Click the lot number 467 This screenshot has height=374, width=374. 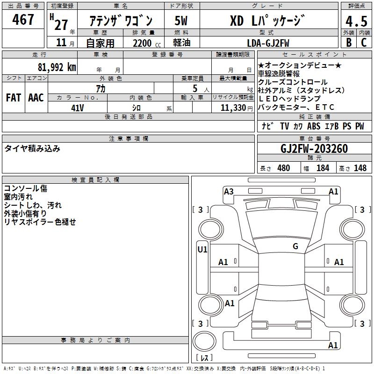pyautogui.click(x=23, y=20)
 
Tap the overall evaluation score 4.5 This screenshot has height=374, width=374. pyautogui.click(x=356, y=22)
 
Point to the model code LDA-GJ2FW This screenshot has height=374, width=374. pyautogui.click(x=268, y=43)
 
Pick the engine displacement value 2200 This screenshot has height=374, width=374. pyautogui.click(x=142, y=43)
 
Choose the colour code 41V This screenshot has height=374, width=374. pyautogui.click(x=77, y=108)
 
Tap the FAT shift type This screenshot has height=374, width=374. pyautogui.click(x=13, y=98)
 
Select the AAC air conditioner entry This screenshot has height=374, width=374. pyautogui.click(x=36, y=98)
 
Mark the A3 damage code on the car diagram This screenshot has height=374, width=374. pyautogui.click(x=229, y=191)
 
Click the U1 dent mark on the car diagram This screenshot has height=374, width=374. pyautogui.click(x=202, y=250)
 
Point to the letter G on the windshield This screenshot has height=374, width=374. pyautogui.click(x=295, y=246)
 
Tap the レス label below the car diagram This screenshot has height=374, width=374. pyautogui.click(x=204, y=359)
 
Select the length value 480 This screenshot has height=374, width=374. pyautogui.click(x=283, y=168)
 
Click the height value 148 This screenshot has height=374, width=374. pyautogui.click(x=360, y=168)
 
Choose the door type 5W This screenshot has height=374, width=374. pyautogui.click(x=181, y=21)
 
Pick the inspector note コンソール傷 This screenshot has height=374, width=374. pyautogui.click(x=25, y=188)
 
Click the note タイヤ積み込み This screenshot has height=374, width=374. pyautogui.click(x=32, y=149)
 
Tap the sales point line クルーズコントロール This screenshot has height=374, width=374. pyautogui.click(x=293, y=82)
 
